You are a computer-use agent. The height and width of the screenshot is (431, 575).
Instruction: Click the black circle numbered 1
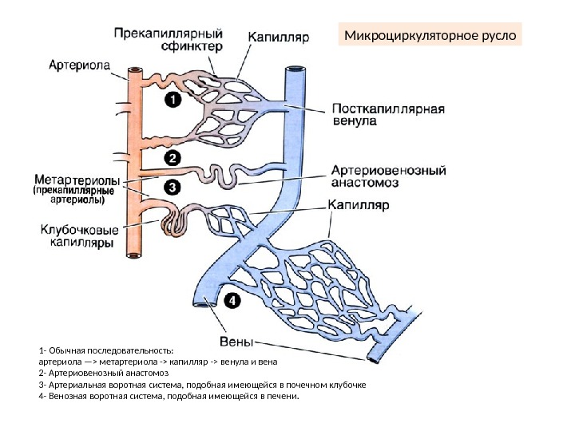tap(172, 99)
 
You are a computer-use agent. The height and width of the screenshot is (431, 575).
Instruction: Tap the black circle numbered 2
tap(172, 157)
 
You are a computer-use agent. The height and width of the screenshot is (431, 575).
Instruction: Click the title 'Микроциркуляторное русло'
tap(430, 37)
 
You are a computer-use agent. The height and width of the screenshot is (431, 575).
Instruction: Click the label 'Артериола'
tap(80, 65)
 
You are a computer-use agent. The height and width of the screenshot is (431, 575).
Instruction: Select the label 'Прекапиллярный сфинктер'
tap(168, 40)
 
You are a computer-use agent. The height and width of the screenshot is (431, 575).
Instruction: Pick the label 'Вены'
tap(236, 343)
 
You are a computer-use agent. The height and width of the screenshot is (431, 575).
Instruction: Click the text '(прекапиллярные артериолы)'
tap(73, 196)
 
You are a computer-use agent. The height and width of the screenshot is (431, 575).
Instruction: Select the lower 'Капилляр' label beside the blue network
tap(359, 205)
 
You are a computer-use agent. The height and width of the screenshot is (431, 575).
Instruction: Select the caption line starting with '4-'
tap(168, 394)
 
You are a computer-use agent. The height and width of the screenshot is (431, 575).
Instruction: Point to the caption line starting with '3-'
tap(202, 383)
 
